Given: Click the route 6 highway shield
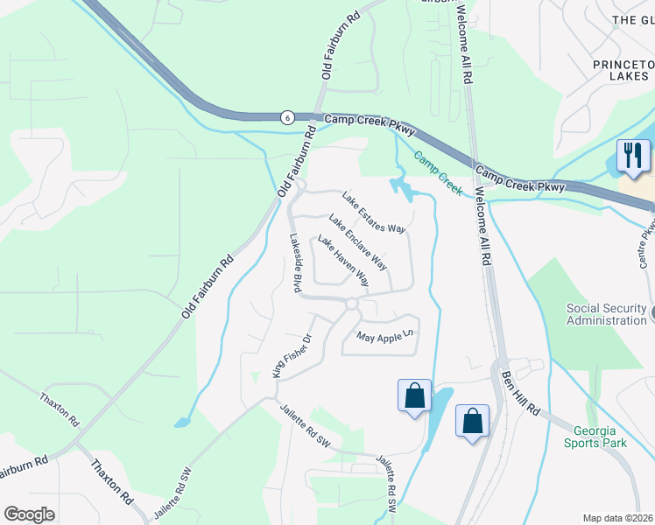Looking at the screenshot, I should (x=286, y=116).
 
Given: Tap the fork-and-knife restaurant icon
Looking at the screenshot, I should (x=630, y=156).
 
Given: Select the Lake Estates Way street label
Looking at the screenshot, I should (x=374, y=213).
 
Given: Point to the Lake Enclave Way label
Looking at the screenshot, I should (x=357, y=241).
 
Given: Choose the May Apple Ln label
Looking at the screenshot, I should (x=384, y=336).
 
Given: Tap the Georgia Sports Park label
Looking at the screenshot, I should (x=600, y=437).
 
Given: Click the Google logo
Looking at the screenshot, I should (x=29, y=514).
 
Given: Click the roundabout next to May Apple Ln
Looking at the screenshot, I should (x=352, y=304).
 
